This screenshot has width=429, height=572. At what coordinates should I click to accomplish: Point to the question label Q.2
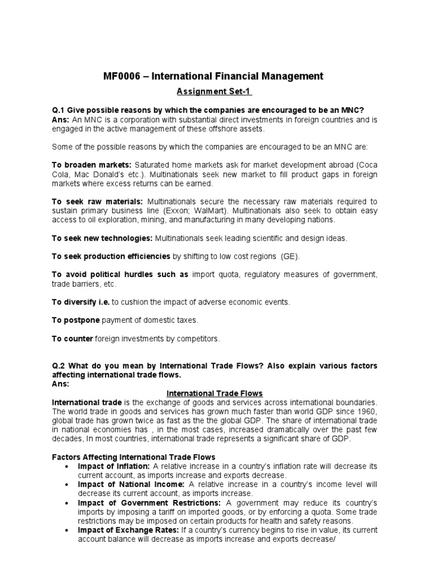click(59, 366)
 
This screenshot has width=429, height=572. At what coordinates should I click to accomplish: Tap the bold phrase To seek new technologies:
click(102, 239)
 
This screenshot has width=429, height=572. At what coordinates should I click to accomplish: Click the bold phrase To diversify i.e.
click(81, 302)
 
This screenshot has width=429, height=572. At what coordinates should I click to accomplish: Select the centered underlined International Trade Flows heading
click(214, 393)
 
